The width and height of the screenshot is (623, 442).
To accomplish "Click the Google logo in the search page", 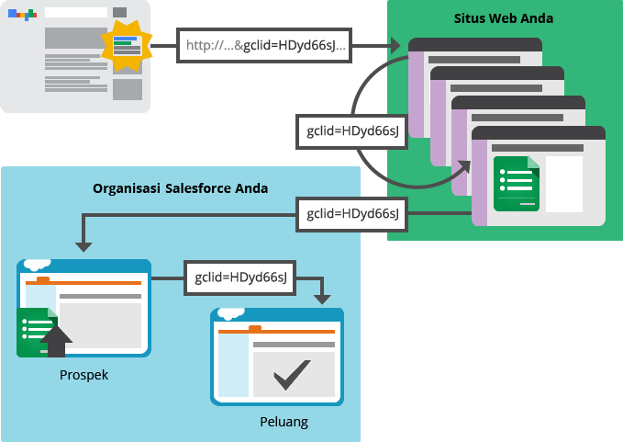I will (x=22, y=14).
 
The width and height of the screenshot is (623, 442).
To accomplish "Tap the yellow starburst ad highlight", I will (x=127, y=45).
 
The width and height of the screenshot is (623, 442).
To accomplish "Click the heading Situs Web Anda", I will (x=504, y=19).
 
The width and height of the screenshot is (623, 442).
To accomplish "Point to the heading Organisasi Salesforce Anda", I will (x=180, y=188).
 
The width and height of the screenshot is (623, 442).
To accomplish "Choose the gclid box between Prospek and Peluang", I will (x=240, y=277).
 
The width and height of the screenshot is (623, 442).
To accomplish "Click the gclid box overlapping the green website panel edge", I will (x=352, y=214).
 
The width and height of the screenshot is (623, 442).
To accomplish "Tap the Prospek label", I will (x=83, y=375).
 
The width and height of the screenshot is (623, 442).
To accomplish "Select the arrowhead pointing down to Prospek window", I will (x=83, y=245).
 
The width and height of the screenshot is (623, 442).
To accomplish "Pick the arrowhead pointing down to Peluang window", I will (x=321, y=298).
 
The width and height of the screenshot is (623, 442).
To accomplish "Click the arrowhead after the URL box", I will (x=395, y=45).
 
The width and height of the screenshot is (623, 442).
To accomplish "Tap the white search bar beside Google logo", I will (x=75, y=13).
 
